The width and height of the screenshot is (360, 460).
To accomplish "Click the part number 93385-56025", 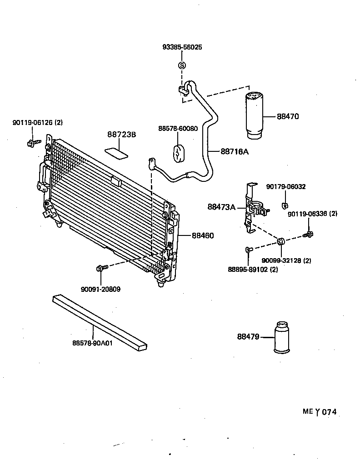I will pyautogui.click(x=182, y=47).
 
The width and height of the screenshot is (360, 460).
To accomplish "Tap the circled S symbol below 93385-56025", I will pyautogui.click(x=182, y=66).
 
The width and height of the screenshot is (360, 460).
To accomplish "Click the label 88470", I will pyautogui.click(x=288, y=116).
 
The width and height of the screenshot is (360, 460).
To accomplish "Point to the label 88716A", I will pyautogui.click(x=235, y=151).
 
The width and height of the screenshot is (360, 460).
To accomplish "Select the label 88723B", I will pyautogui.click(x=122, y=135).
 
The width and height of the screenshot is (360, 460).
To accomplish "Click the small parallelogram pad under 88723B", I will pyautogui.click(x=116, y=152).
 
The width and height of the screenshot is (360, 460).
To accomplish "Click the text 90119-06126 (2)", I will pyautogui.click(x=38, y=123).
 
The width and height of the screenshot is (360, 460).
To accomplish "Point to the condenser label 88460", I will pyautogui.click(x=202, y=235).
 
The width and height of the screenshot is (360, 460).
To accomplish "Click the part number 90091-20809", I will pyautogui.click(x=101, y=289).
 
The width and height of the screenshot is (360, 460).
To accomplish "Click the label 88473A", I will pyautogui.click(x=221, y=207).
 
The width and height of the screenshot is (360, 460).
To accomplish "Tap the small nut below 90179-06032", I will pyautogui.click(x=285, y=204).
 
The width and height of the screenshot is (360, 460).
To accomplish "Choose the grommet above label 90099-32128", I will pyautogui.click(x=280, y=240).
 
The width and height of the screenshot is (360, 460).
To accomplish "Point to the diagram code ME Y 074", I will pyautogui.click(x=320, y=412).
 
